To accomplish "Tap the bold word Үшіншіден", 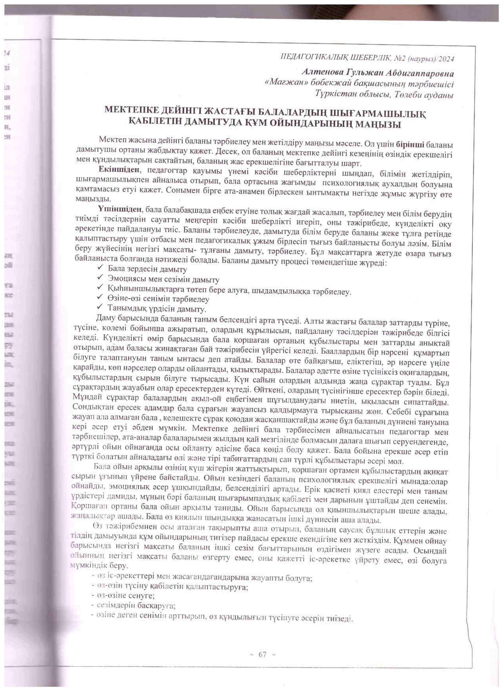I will pyautogui.click(x=119, y=209).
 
